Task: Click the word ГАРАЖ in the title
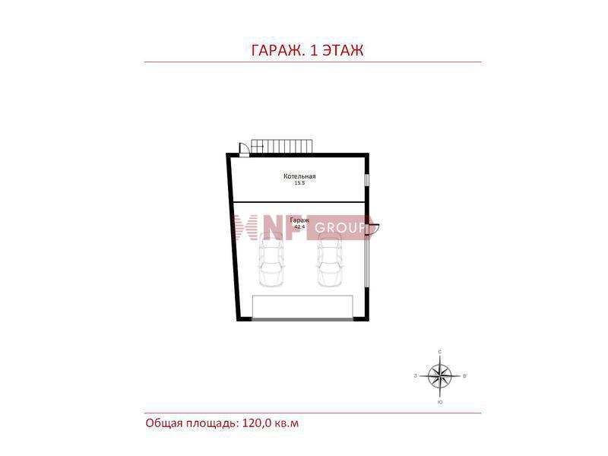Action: coord(277,50)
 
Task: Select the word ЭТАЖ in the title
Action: coord(344,50)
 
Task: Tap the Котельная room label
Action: coord(299,176)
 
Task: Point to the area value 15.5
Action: coord(299,183)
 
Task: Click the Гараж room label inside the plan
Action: coord(299,220)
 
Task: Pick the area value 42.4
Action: coord(299,226)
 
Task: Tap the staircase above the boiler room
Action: coord(281,146)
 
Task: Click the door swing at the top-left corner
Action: coord(244,149)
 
